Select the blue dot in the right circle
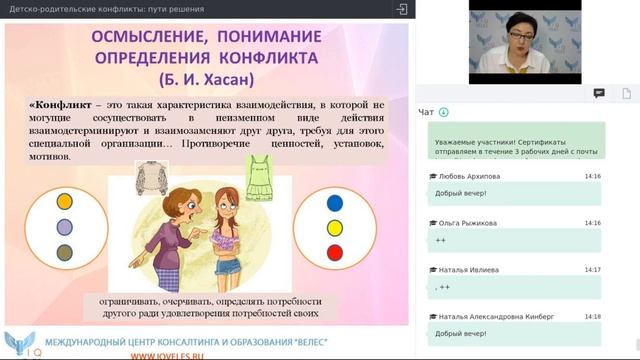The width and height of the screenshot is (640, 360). point(335,202)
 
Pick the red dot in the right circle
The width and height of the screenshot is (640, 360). point(335,251)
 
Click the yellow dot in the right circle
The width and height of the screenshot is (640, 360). point(335,227)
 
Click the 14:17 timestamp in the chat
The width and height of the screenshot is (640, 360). point(592,270)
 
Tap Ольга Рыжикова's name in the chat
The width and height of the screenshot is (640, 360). point(472,223)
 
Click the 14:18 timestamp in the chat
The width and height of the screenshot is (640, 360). point(592,316)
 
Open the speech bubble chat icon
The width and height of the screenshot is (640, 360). point(599,93)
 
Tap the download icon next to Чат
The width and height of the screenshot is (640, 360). point(444,112)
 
